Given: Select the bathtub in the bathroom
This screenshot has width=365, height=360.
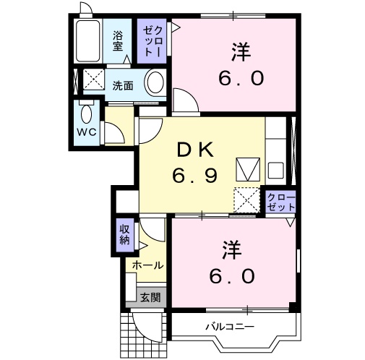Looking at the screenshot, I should point(88,41).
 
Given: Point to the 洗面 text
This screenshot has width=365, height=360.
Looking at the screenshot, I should point(122,85).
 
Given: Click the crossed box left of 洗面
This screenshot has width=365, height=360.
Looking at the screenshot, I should point(93,80).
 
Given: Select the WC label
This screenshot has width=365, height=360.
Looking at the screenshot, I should point(87,133).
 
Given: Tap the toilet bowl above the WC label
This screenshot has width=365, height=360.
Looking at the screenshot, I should point(87,113).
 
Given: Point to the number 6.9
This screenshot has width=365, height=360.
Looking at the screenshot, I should point(194,175).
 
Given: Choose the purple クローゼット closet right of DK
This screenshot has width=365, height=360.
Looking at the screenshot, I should point(281,202).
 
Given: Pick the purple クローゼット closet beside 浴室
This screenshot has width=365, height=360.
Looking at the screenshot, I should point(150,40).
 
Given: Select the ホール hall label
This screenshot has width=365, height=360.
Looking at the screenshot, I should point(147,265).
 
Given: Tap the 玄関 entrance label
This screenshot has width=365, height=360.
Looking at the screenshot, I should point(150,296).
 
